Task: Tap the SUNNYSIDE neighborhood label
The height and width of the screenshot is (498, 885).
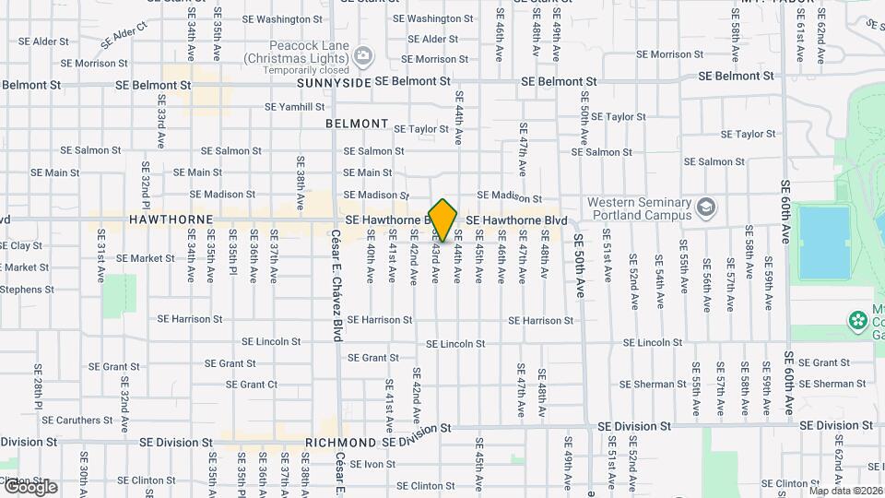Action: pos(334,82)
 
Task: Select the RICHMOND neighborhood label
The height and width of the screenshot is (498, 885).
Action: pos(341,443)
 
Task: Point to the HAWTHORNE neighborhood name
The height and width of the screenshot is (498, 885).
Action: pos(171,220)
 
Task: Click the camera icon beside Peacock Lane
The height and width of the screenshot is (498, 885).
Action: pos(364,56)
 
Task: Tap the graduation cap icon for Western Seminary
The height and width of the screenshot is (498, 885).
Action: pos(707,207)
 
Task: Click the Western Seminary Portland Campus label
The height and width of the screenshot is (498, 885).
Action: pos(640,209)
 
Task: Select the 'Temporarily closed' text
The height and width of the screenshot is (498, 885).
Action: pos(303,70)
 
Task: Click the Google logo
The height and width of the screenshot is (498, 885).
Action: pos(29,487)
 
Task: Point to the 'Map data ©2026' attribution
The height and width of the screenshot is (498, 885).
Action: pos(844,491)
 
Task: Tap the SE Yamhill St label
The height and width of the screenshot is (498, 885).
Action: pos(295,107)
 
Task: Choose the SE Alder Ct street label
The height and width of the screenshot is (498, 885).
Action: pos(124,36)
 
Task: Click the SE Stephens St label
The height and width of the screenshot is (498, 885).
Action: pos(26,290)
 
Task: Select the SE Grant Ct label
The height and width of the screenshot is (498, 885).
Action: pos(252,385)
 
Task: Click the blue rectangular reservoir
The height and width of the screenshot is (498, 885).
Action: pos(823,242)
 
